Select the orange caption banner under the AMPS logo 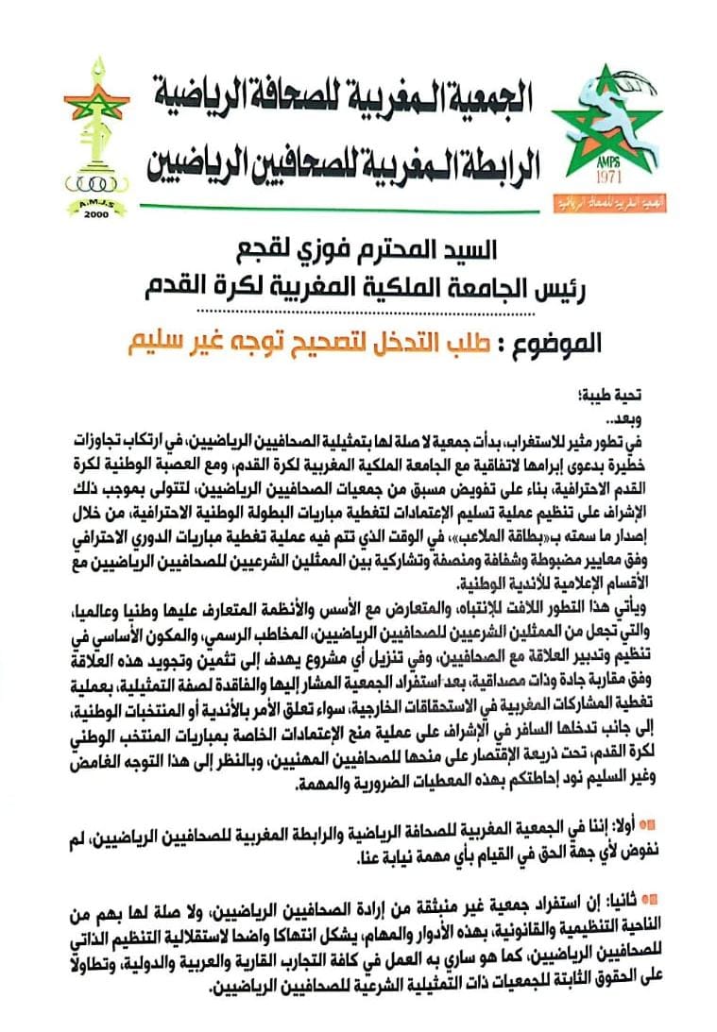click(x=605, y=200)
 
